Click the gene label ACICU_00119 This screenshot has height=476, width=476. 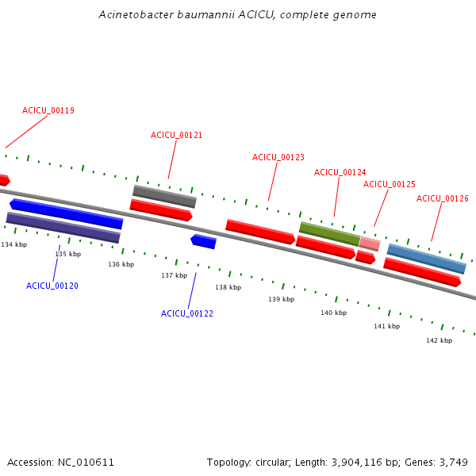click(x=48, y=111)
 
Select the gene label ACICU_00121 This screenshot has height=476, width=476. click(x=176, y=135)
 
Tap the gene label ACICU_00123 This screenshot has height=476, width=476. click(x=278, y=157)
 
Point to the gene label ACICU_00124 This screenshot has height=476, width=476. click(x=340, y=172)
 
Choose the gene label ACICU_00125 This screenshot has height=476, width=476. click(x=389, y=184)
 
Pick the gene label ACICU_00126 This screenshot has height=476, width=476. click(x=442, y=198)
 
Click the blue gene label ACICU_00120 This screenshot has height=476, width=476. click(x=52, y=286)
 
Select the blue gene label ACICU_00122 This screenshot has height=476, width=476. click(x=186, y=313)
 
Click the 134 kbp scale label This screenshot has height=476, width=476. click(x=14, y=244)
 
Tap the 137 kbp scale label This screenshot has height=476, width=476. click(x=174, y=275)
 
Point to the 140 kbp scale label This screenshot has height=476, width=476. click(x=333, y=313)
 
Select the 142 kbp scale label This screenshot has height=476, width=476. click(x=439, y=340)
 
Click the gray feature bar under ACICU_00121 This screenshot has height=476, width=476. click(x=164, y=196)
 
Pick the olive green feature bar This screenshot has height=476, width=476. click(x=329, y=233)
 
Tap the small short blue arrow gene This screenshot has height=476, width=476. click(x=203, y=241)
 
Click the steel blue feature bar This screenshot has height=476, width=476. click(x=426, y=259)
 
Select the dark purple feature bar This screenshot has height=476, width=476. click(x=63, y=228)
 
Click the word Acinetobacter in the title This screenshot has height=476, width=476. click(x=134, y=15)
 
